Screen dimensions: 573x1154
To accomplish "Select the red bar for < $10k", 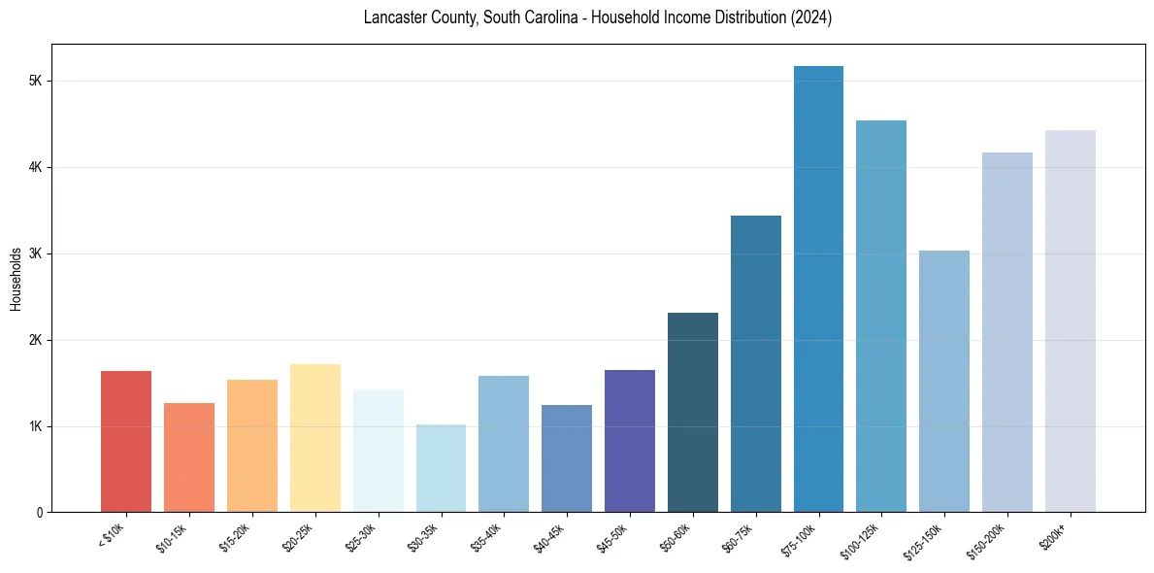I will click(126, 442).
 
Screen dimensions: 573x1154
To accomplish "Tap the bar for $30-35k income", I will click(441, 468).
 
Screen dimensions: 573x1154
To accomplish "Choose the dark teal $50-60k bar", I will click(693, 413).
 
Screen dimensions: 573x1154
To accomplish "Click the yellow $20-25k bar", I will click(315, 438).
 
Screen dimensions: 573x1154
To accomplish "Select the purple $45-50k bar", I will click(630, 441).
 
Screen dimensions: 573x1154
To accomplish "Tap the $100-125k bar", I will click(881, 317).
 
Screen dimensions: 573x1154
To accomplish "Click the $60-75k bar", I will click(756, 364).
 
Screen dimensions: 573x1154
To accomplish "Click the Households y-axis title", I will click(16, 279).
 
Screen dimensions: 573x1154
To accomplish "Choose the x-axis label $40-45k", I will click(550, 535).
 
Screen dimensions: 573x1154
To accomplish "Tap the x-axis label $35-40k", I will click(487, 535).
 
